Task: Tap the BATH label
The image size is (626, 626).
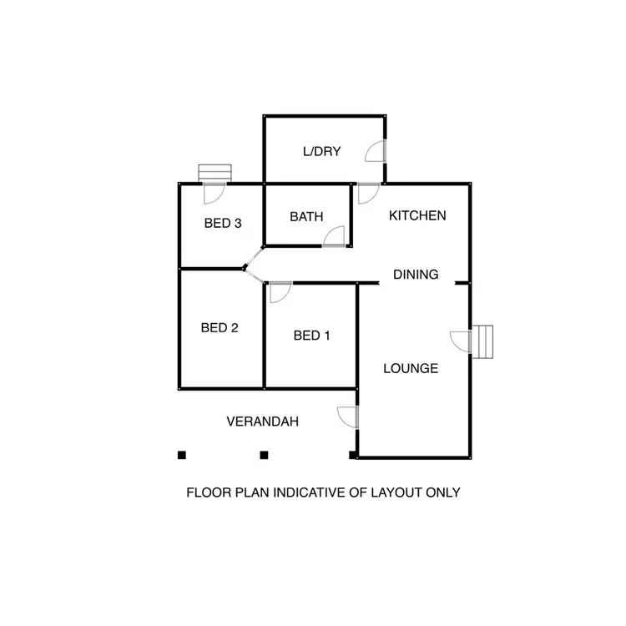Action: click(306, 217)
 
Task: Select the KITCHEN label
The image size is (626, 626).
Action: click(418, 215)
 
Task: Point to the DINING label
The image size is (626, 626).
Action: click(416, 274)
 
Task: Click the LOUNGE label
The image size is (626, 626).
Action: click(411, 368)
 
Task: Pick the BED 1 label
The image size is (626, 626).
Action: click(312, 336)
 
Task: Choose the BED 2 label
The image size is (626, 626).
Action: click(220, 328)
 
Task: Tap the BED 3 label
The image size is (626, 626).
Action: click(223, 223)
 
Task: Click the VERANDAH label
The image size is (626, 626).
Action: click(263, 422)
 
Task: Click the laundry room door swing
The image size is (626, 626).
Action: click(375, 152)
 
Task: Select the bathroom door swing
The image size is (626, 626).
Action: click(334, 236)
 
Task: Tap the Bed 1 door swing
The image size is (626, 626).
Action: click(279, 292)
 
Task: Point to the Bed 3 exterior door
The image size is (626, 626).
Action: click(215, 193)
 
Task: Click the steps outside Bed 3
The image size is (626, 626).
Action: click(215, 172)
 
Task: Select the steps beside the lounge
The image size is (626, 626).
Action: click(485, 341)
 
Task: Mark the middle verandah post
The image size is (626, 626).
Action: click(264, 455)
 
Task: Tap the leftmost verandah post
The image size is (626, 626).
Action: click(181, 455)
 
